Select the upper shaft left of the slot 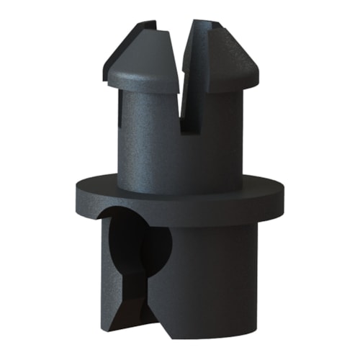[x=148, y=137]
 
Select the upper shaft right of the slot [x=220, y=137]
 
